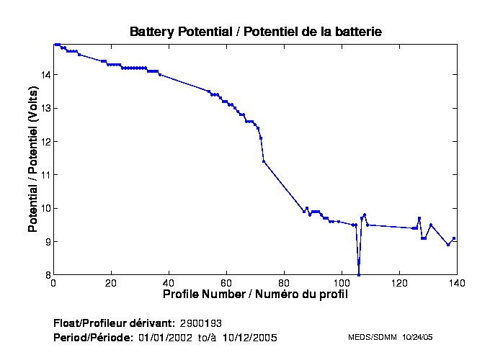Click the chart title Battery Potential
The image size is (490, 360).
coord(255,32)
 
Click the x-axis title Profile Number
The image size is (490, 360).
coord(255,294)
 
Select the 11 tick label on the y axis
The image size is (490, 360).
coord(45,175)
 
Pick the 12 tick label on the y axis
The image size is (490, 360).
coord(45,142)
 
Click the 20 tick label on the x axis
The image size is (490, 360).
coord(111,284)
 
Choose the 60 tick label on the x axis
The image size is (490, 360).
coord(226,284)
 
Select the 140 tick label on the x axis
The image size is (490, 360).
coord(457,284)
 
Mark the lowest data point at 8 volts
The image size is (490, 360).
coord(359,274)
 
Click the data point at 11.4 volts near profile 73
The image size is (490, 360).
coord(264,161)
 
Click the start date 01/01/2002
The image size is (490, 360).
coord(165,337)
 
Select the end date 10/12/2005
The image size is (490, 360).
coord(250,337)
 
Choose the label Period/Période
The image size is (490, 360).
coord(93,337)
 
